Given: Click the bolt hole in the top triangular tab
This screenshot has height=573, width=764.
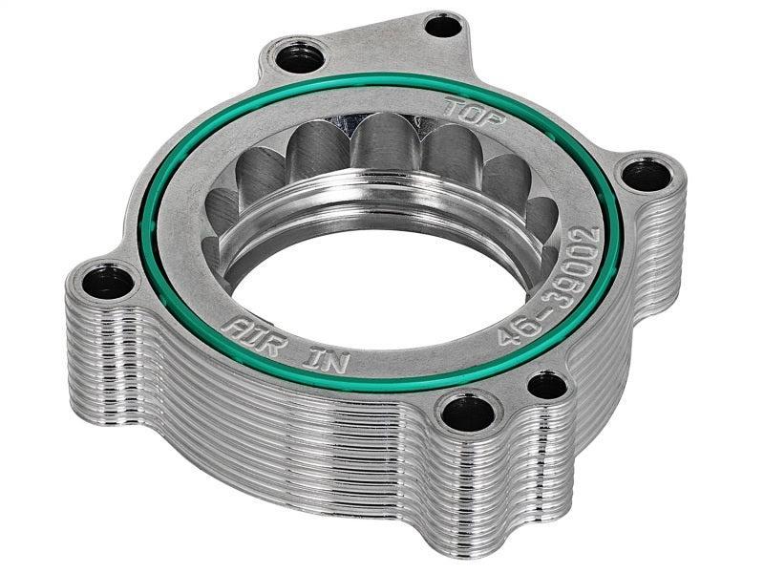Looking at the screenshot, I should pos(442,26).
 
